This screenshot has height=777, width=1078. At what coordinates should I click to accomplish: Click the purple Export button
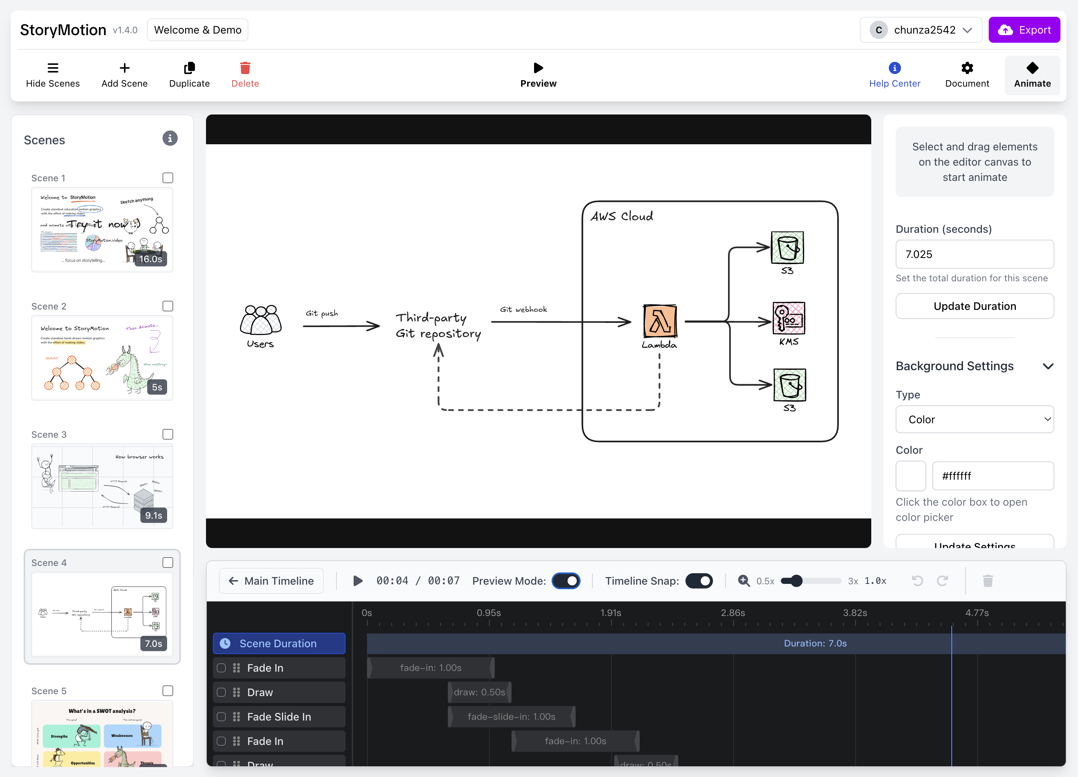pos(1024,30)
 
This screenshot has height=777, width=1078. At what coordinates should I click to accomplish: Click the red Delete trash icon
pos(245,68)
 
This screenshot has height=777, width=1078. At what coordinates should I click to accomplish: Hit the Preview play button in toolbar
pos(538,68)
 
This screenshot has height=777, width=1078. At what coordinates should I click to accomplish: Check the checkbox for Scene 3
pos(168,434)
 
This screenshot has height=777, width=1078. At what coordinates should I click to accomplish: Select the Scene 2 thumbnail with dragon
pos(102,358)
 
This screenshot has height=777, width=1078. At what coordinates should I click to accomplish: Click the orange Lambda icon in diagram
pos(660,321)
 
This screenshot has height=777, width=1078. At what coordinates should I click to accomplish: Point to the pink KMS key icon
pos(788,318)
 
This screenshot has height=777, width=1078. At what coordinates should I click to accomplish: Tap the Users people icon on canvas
pos(261,320)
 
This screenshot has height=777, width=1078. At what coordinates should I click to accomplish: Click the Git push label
pos(322,313)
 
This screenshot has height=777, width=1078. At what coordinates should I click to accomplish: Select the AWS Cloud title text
pos(622,216)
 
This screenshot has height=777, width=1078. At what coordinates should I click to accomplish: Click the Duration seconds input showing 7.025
pos(974,255)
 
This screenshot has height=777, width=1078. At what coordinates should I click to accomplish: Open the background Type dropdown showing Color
pos(974,419)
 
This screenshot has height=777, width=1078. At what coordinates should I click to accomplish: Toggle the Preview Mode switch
pos(566,580)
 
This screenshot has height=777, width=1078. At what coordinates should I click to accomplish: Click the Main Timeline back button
pos(271,580)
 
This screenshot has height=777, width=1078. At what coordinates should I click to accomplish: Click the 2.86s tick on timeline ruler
pos(732,613)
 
